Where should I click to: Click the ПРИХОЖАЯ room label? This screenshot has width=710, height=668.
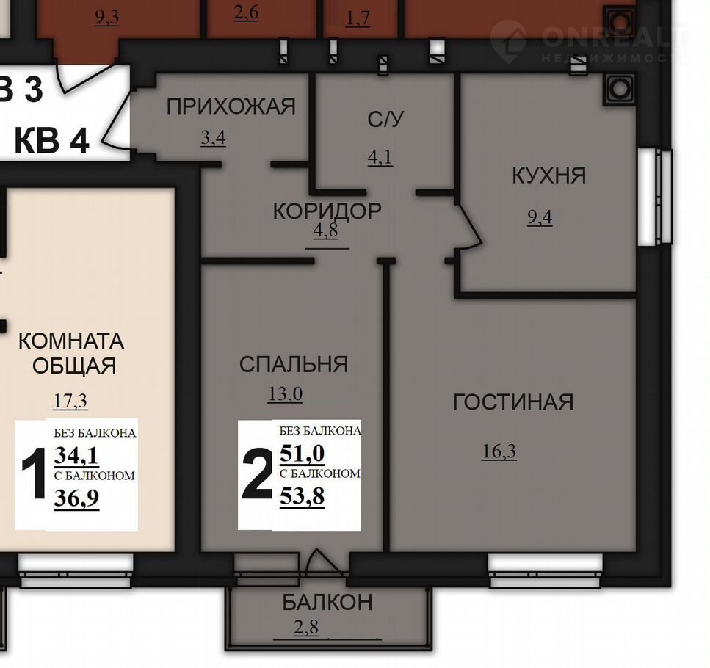click(x=231, y=107)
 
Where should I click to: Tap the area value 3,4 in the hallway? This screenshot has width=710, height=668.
click(x=213, y=137)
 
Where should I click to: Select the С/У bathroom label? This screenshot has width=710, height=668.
click(x=385, y=120)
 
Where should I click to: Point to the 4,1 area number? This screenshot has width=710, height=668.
click(x=380, y=158)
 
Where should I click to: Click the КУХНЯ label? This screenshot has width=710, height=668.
click(x=548, y=175)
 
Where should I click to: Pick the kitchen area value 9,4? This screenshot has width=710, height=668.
click(x=540, y=218)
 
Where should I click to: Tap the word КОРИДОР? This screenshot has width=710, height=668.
click(x=327, y=211)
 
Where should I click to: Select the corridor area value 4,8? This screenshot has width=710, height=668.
click(x=325, y=230)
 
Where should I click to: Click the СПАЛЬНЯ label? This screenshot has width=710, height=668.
click(x=294, y=364)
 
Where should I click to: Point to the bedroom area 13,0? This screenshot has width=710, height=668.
click(x=286, y=394)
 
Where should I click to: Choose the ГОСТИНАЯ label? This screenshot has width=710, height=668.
click(x=513, y=402)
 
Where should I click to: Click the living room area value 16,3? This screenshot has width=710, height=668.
click(x=499, y=451)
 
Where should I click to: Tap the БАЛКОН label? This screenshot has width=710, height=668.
click(x=327, y=603)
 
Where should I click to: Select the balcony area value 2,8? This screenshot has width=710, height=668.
click(x=306, y=628)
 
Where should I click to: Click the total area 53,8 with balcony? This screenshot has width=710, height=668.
click(x=302, y=497)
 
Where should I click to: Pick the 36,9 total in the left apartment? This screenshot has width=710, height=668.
click(x=76, y=498)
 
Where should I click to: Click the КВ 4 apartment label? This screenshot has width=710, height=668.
click(x=51, y=141)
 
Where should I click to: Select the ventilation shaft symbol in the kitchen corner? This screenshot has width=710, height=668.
click(x=620, y=89)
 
